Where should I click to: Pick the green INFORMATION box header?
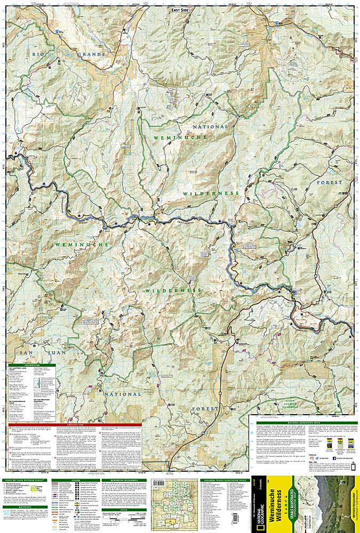click(x=35, y=365)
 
